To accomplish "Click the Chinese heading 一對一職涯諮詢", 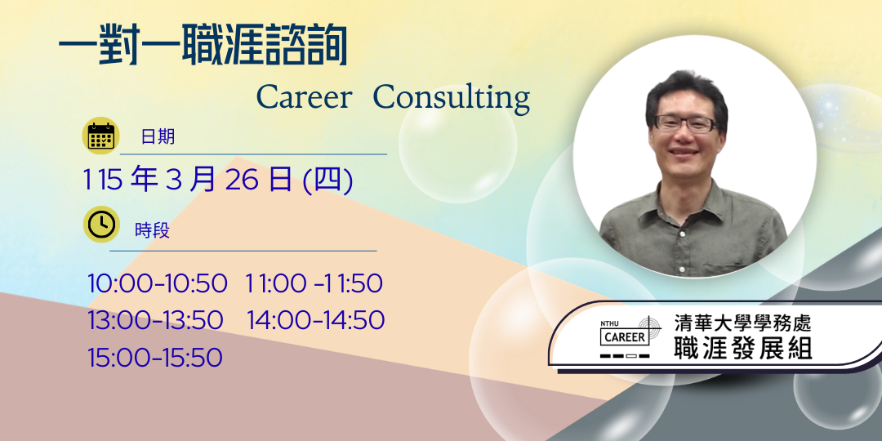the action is point(203,45).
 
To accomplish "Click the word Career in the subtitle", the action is point(304,97).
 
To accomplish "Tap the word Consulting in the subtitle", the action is point(452,99).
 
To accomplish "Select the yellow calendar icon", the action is point(100,136).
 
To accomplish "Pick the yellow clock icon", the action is point(101,225).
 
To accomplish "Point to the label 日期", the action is point(158,136).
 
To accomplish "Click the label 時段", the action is point(152,230).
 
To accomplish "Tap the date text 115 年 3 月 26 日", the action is point(187,180).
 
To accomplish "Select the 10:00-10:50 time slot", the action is point(157,283).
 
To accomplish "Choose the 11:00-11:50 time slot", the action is point(314,283).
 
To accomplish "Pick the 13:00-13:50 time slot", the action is point(155,320).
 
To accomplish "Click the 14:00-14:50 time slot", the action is point(315,320).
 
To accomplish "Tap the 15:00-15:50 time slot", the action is point(154,357).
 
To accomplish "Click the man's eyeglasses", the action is point(684,123).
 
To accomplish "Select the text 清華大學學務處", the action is point(742,323).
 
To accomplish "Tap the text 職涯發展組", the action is point(742,348).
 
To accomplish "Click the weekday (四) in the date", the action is point(328,180).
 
